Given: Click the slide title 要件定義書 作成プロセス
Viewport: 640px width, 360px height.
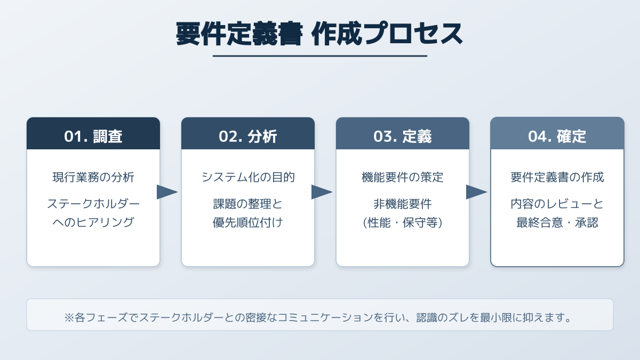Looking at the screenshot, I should [319, 34].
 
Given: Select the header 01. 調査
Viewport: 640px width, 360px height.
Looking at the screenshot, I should [93, 136].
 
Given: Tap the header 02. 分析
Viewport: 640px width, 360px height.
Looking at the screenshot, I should [248, 136].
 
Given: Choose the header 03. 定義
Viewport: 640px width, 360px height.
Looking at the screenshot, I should [403, 136].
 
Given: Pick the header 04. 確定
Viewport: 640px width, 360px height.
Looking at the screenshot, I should [557, 136].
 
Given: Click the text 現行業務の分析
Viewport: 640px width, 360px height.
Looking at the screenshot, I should [93, 178].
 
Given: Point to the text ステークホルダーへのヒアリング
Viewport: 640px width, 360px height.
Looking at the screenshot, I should [93, 213].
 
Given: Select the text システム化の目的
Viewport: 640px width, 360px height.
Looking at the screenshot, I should [248, 178].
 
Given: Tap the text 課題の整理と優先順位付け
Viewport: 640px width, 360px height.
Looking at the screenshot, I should [248, 213].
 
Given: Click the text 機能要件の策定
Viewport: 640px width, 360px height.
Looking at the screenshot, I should [403, 178].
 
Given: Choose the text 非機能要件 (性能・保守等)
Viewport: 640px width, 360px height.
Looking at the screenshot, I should [403, 213].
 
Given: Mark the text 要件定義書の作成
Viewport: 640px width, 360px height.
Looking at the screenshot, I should [557, 178].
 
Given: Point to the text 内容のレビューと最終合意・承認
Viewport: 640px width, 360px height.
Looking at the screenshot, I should [557, 213].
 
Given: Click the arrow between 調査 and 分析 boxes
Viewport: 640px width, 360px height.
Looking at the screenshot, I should [166, 192].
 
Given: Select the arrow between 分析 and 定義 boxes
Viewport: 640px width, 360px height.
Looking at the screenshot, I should [321, 192].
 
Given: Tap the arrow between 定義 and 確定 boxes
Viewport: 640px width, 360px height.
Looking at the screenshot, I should [476, 192].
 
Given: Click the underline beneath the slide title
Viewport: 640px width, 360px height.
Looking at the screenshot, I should [319, 55].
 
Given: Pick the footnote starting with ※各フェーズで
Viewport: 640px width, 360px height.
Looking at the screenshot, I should [319, 318].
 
